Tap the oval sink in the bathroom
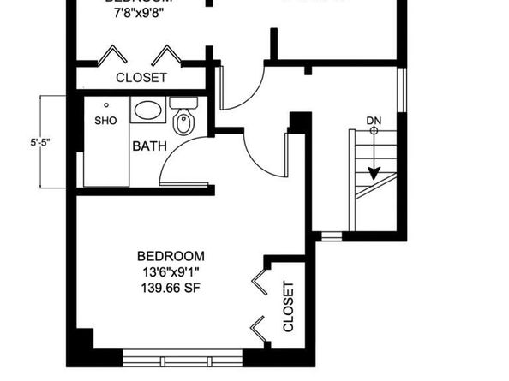148,110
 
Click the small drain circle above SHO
105,105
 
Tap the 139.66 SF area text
171,289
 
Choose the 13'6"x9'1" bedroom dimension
171,272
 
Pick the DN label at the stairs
374,121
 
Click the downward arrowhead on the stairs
374,172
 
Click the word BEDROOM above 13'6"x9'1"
171,256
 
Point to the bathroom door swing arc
169,155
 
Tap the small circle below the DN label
374,131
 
